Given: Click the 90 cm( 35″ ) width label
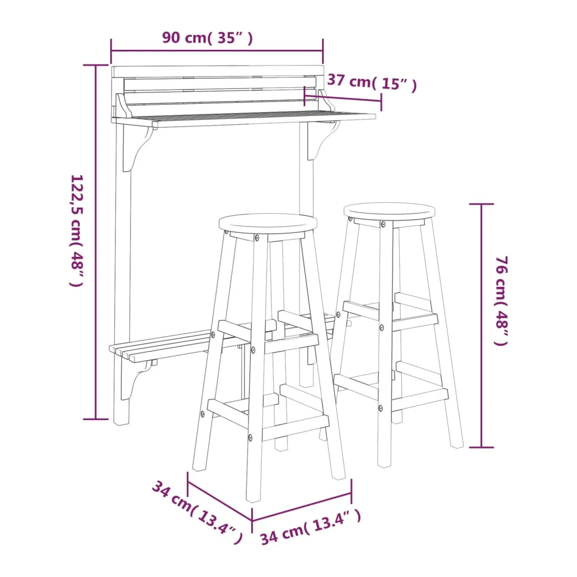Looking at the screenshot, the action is [x=208, y=38].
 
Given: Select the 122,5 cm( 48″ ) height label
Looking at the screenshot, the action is [x=77, y=231].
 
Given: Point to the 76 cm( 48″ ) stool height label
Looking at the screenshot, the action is [x=501, y=301].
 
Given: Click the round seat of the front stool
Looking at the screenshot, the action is [x=268, y=223].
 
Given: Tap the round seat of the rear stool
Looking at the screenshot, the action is [x=389, y=211].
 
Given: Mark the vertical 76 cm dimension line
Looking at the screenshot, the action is [x=482, y=326].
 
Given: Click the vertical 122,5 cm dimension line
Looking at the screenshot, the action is [x=95, y=242].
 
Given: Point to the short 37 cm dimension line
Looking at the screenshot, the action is [x=343, y=98].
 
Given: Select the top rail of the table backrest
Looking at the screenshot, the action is [x=218, y=71].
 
